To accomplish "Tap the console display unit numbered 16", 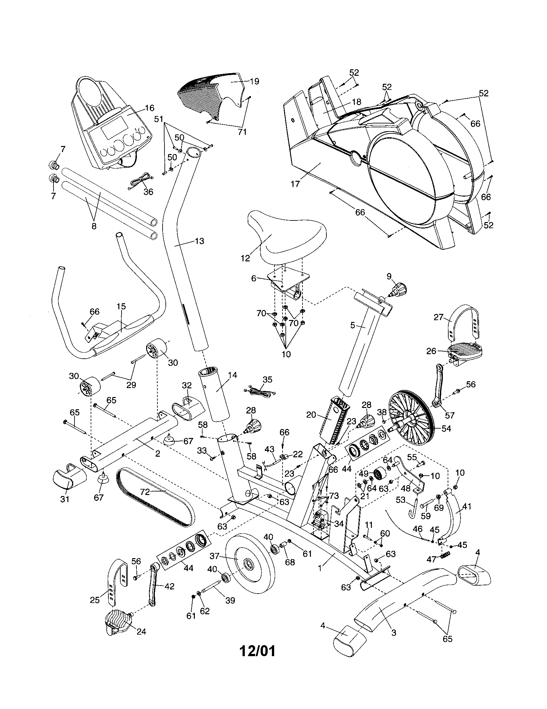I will tap(110, 127).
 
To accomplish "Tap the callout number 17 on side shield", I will tap(295, 184).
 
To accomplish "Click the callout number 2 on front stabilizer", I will tap(157, 453).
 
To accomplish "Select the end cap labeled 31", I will tap(69, 479).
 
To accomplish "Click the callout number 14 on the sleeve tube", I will tap(233, 375).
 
